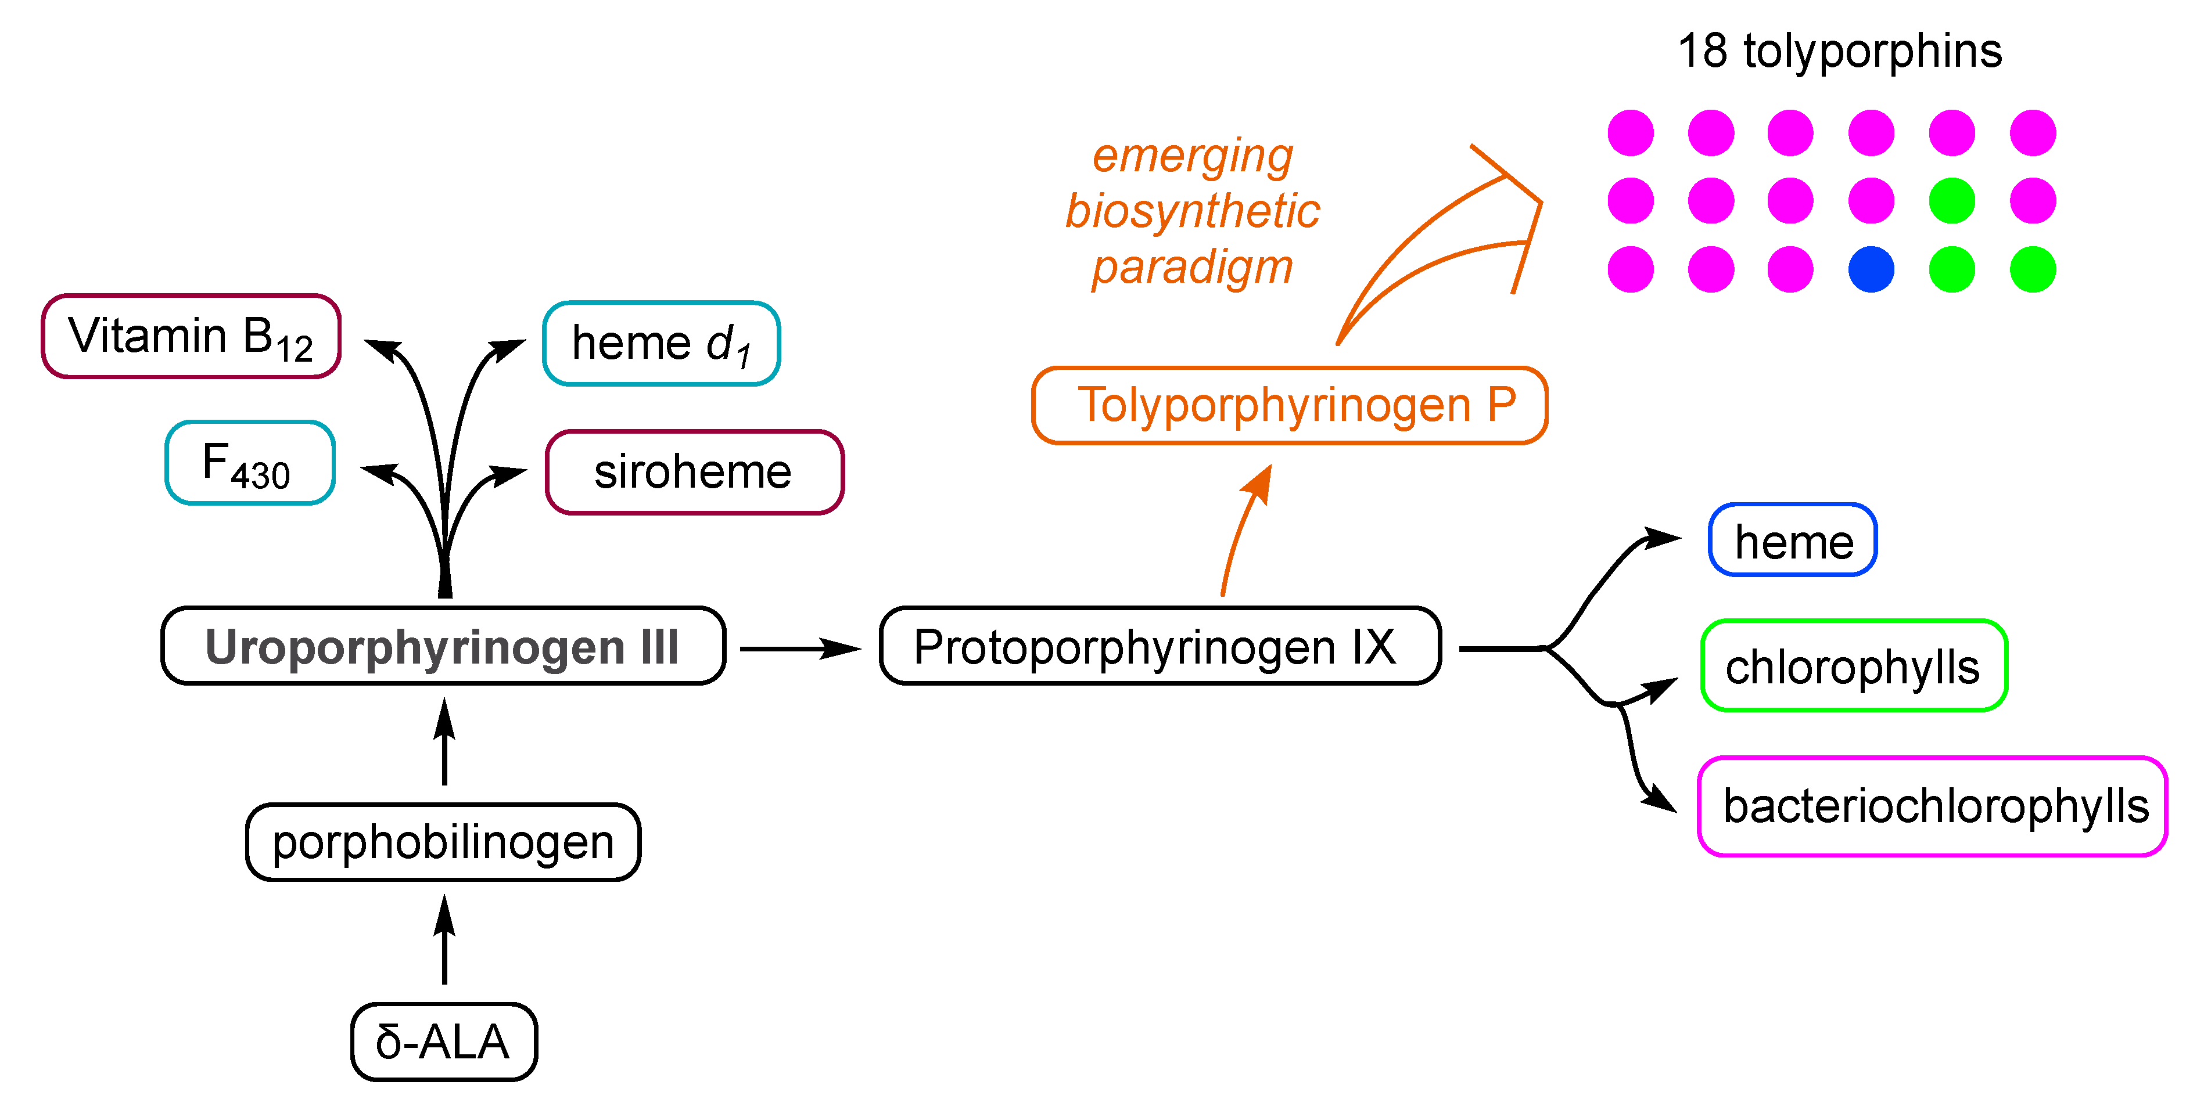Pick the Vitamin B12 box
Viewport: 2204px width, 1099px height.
point(191,336)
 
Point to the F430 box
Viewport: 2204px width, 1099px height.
point(249,463)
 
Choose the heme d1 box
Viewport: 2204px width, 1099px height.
point(661,344)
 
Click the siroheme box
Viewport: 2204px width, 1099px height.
point(694,472)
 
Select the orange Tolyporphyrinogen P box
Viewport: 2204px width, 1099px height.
point(1290,405)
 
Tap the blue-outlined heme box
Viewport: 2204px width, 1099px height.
point(1793,541)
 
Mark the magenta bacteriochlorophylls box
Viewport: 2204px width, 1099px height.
point(1932,806)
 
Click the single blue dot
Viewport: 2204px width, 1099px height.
point(1871,269)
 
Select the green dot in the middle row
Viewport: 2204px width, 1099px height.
point(1952,201)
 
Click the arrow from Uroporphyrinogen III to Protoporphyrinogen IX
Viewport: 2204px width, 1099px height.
point(800,649)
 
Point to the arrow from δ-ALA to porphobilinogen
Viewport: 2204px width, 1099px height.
point(444,941)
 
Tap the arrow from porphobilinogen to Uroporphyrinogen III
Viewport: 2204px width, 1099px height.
point(444,743)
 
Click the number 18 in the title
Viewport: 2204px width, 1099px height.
point(1702,51)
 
